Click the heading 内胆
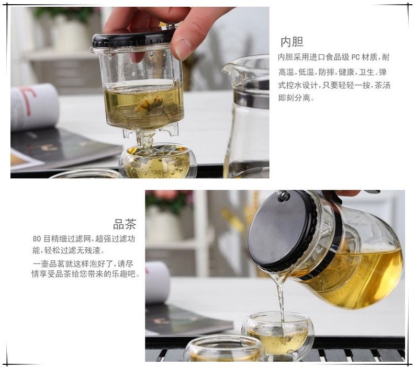click(292, 42)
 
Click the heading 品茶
click(125, 224)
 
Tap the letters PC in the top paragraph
click(355, 57)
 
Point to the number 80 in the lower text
click(37, 239)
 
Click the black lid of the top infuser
click(133, 39)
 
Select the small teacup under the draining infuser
click(158, 160)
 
